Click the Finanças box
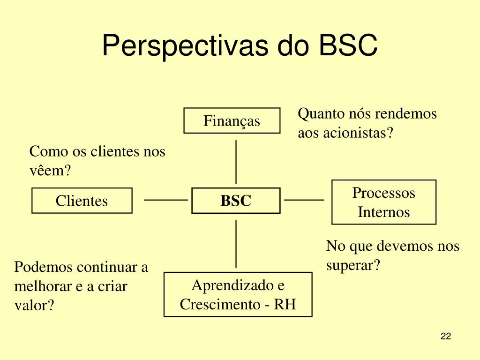pos(232,121)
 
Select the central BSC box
pos(236,201)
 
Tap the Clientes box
pos(82,201)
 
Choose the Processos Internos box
pos(383,202)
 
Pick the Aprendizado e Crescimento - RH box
pos(238,294)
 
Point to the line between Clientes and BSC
pos(165,200)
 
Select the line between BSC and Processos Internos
pos(304,200)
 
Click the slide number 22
pos(446,336)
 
